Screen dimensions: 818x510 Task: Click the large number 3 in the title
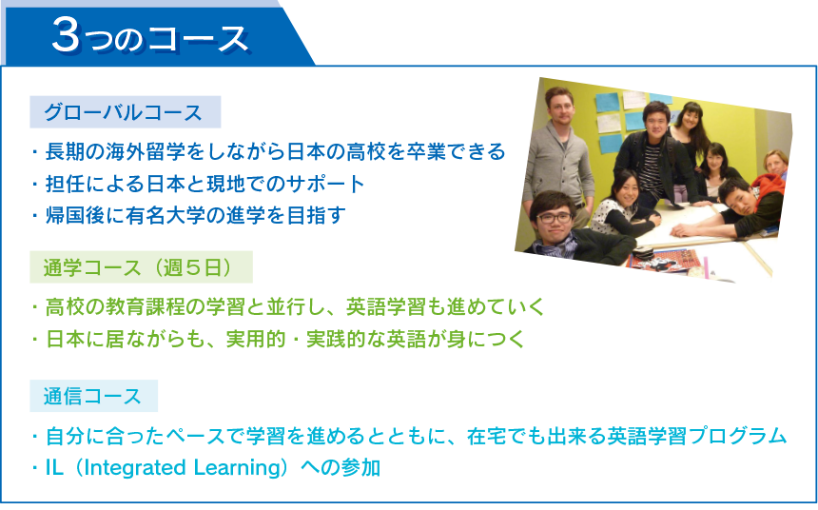(x=67, y=35)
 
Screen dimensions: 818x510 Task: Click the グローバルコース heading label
(x=123, y=112)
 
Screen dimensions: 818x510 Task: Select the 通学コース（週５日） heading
(x=138, y=267)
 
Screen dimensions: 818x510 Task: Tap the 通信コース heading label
(x=92, y=396)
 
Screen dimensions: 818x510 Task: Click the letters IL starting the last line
(x=55, y=468)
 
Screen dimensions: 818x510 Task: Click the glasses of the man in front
(x=554, y=219)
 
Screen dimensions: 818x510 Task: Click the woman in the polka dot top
(x=623, y=206)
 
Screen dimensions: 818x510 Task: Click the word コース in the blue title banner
(x=199, y=39)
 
